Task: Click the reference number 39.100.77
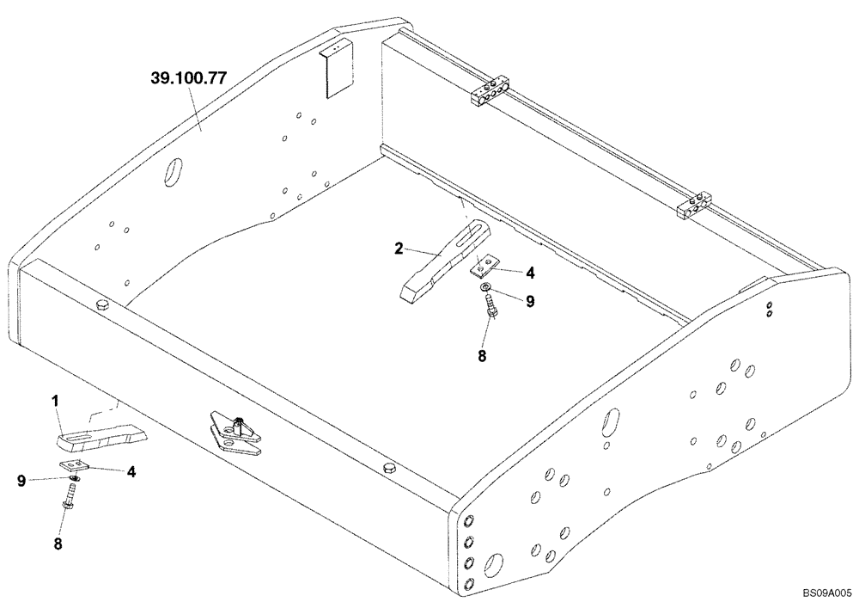pyautogui.click(x=188, y=77)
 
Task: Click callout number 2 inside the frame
pyautogui.click(x=399, y=249)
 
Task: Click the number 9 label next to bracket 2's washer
pyautogui.click(x=530, y=302)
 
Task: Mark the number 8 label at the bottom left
pyautogui.click(x=59, y=544)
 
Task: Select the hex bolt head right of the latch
pyautogui.click(x=387, y=466)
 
